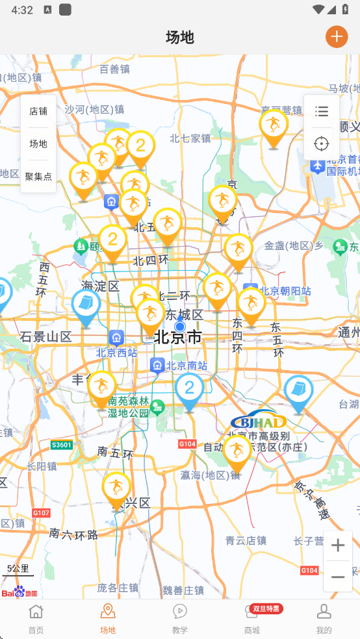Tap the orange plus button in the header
pyautogui.click(x=337, y=37)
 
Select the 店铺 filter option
pyautogui.click(x=38, y=111)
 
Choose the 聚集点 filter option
pyautogui.click(x=38, y=176)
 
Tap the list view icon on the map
pyautogui.click(x=321, y=112)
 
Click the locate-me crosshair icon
pyautogui.click(x=321, y=144)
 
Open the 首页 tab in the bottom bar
pyautogui.click(x=36, y=619)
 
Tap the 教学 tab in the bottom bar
pyautogui.click(x=180, y=619)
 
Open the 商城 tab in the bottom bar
pyautogui.click(x=252, y=619)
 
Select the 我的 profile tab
pyautogui.click(x=324, y=619)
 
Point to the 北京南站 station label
pyautogui.click(x=186, y=366)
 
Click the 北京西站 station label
pyautogui.click(x=117, y=353)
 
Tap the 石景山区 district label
pyautogui.click(x=45, y=336)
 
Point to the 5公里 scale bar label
pyautogui.click(x=18, y=569)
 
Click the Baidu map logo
pyautogui.click(x=19, y=592)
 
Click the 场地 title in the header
pyautogui.click(x=180, y=37)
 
